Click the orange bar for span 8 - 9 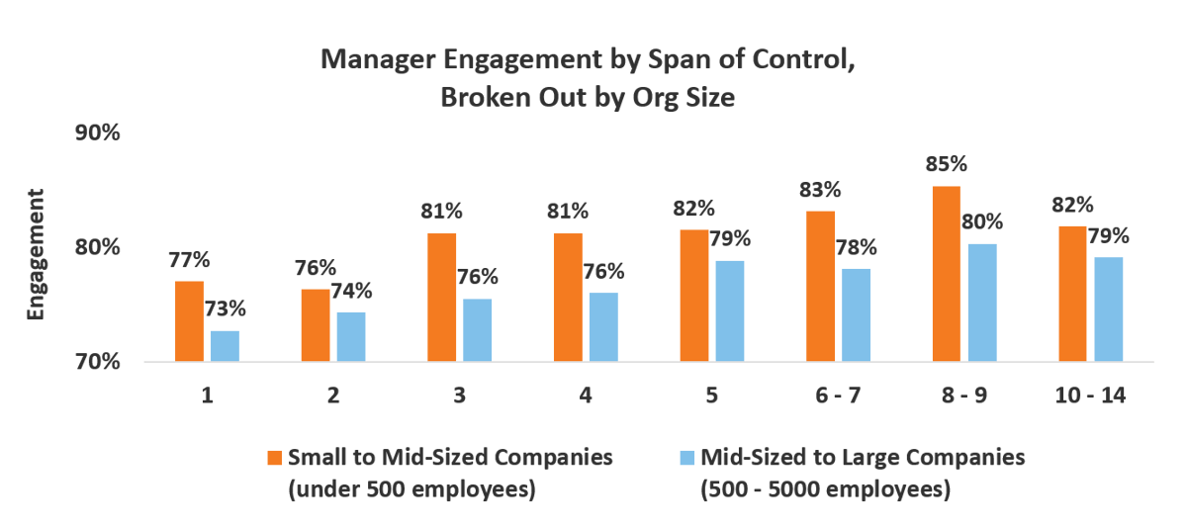[946, 274]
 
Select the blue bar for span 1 [225, 346]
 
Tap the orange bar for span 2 [315, 325]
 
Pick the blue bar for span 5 [730, 311]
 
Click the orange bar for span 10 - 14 [1072, 294]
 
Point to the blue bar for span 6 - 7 [857, 315]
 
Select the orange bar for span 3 [441, 298]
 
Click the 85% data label [947, 164]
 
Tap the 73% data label [225, 308]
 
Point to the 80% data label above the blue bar [982, 221]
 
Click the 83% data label [820, 189]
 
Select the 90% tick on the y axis [98, 132]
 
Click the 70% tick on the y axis [98, 362]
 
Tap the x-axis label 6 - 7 [839, 396]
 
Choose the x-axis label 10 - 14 [1091, 396]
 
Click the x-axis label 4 [586, 396]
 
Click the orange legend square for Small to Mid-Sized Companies [274, 458]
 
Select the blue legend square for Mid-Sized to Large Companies [687, 458]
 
